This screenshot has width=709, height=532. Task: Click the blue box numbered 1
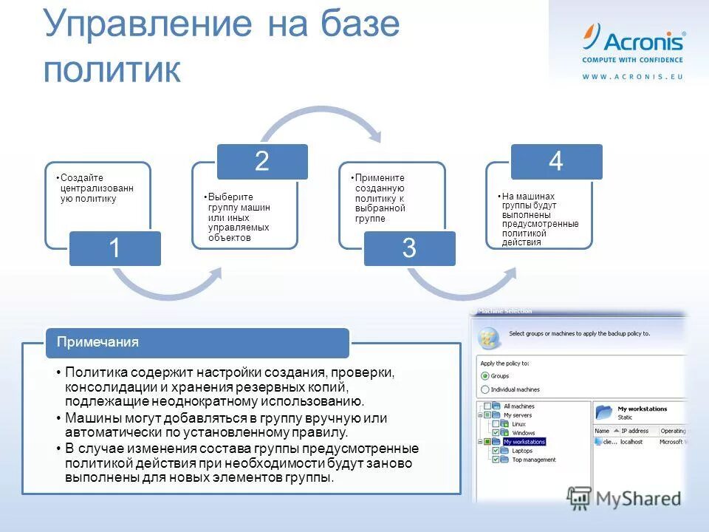pyautogui.click(x=115, y=249)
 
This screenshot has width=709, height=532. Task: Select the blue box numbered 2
pyautogui.click(x=261, y=162)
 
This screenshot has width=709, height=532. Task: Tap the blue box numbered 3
pyautogui.click(x=409, y=248)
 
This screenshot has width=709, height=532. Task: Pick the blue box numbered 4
pyautogui.click(x=556, y=162)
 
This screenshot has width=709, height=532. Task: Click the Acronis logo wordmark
pyautogui.click(x=643, y=40)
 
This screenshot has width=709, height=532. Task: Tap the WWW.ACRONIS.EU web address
pyautogui.click(x=633, y=77)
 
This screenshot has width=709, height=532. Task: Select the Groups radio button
pyautogui.click(x=485, y=376)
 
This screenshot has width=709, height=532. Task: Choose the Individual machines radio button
pyautogui.click(x=485, y=389)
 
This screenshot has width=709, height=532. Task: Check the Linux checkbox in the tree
pyautogui.click(x=496, y=424)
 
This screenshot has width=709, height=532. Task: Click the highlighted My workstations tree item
pyautogui.click(x=524, y=442)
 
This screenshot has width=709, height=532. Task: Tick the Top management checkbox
pyautogui.click(x=496, y=460)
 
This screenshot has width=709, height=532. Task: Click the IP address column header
pyautogui.click(x=634, y=431)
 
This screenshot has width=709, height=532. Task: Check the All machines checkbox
pyautogui.click(x=487, y=406)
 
